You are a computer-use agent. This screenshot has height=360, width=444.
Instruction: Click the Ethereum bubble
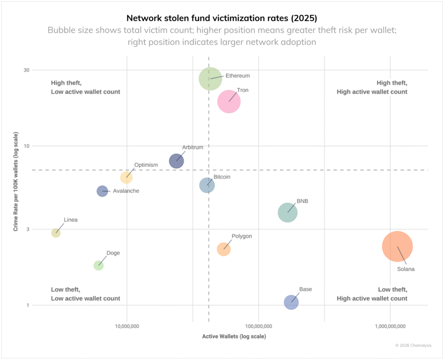[x=210, y=79]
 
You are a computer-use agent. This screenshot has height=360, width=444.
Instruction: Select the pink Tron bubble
[x=229, y=101]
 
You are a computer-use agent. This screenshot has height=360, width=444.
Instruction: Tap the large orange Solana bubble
[x=397, y=246]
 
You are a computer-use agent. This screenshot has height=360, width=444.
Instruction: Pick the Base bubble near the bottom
[x=291, y=302]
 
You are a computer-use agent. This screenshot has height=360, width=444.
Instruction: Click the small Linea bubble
[x=55, y=233]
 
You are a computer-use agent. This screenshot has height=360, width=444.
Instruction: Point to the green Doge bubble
[x=98, y=265]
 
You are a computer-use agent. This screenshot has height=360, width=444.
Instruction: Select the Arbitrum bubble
[x=176, y=161]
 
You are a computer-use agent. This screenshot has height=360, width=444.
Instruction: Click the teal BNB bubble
[x=287, y=213]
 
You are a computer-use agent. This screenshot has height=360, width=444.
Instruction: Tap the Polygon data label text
[x=242, y=236]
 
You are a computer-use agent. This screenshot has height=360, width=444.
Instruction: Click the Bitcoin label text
[x=222, y=177]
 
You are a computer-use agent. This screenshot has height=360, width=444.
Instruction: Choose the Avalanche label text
[x=126, y=191]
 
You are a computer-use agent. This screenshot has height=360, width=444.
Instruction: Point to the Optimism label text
[x=146, y=165]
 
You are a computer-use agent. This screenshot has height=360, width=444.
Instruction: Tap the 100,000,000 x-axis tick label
[x=258, y=326]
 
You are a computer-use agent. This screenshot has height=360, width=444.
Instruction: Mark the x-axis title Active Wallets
[x=234, y=337]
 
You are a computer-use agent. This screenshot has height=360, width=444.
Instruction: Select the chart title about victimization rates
[x=222, y=18]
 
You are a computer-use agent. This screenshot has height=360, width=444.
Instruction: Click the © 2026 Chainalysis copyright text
[x=414, y=346]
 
